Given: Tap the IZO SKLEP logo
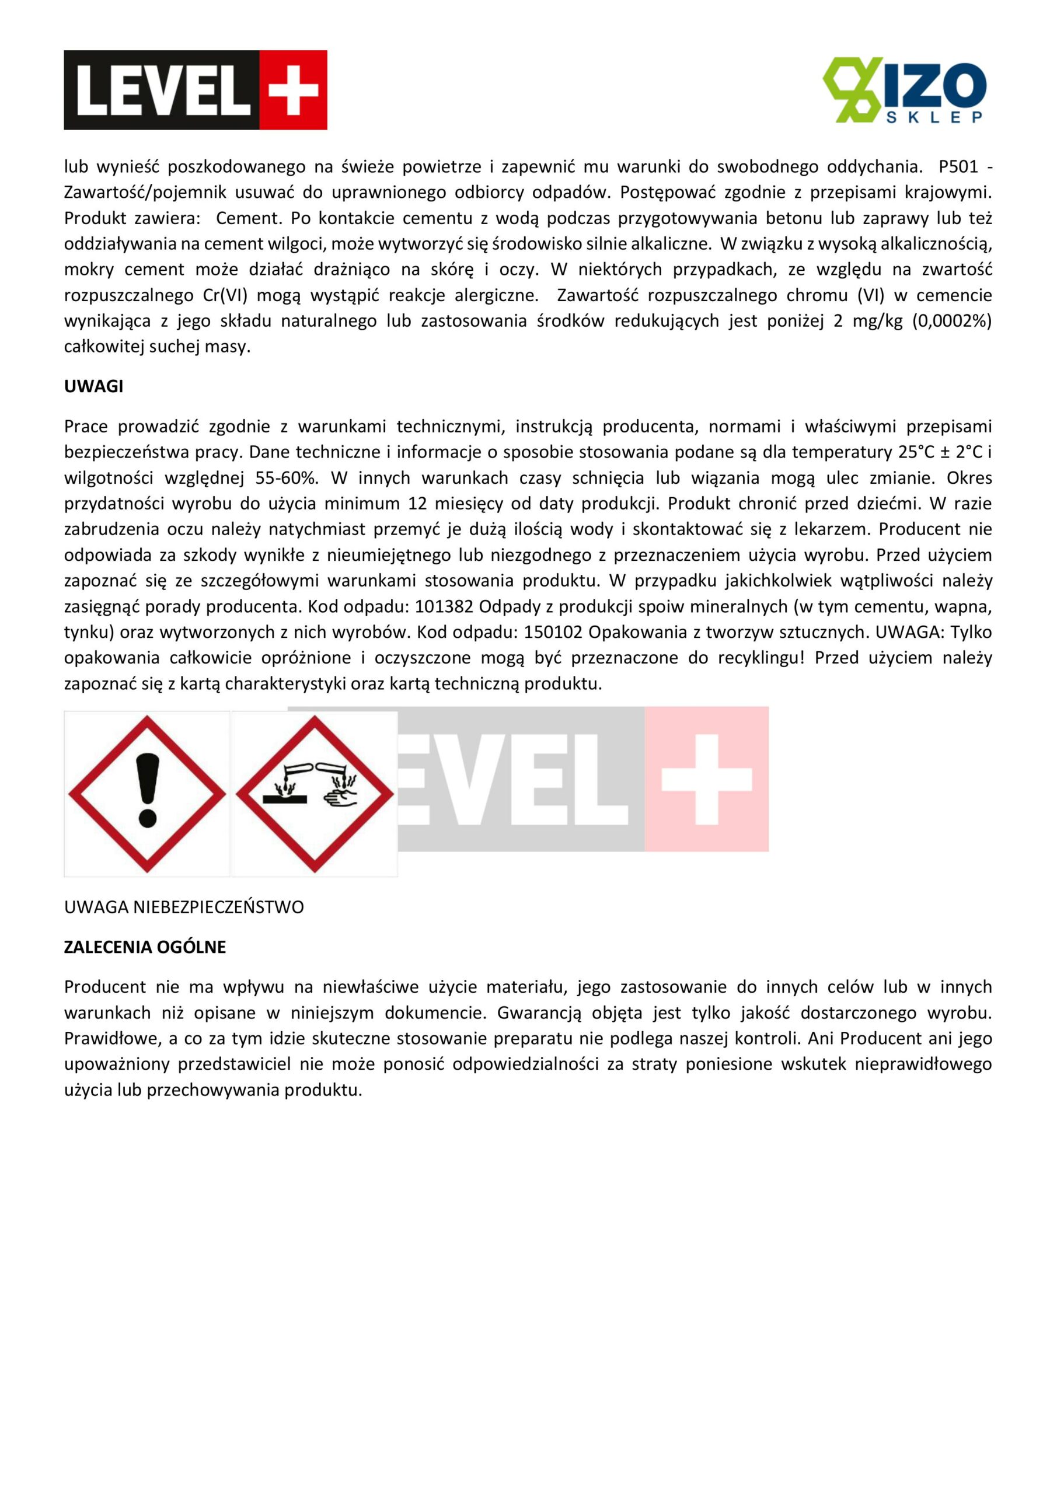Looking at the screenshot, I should (x=904, y=90).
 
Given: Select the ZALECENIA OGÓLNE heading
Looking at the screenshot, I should (x=145, y=947).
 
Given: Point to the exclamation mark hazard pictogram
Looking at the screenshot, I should (x=147, y=794).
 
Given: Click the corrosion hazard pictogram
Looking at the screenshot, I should (x=315, y=794).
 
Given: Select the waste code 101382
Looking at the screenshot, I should (x=444, y=606).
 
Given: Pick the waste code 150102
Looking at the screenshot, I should (x=553, y=632).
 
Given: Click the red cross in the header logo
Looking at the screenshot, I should (x=293, y=90).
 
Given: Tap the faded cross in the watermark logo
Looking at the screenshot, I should (x=706, y=779).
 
